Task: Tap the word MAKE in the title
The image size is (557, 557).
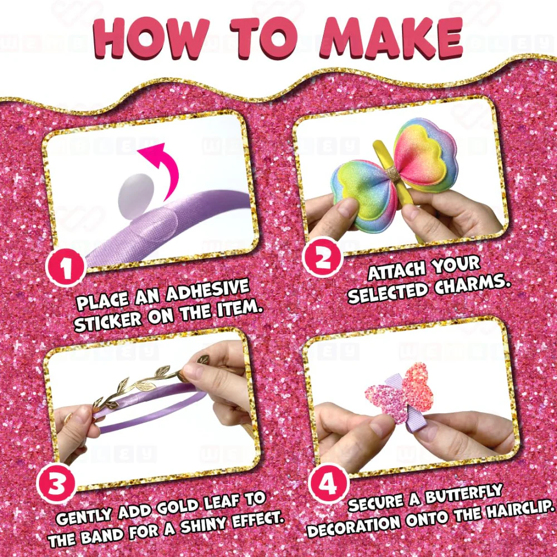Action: pyautogui.click(x=392, y=38)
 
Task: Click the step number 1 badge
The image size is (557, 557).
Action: pyautogui.click(x=66, y=268)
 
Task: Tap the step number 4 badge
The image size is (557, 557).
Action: pyautogui.click(x=328, y=483)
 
